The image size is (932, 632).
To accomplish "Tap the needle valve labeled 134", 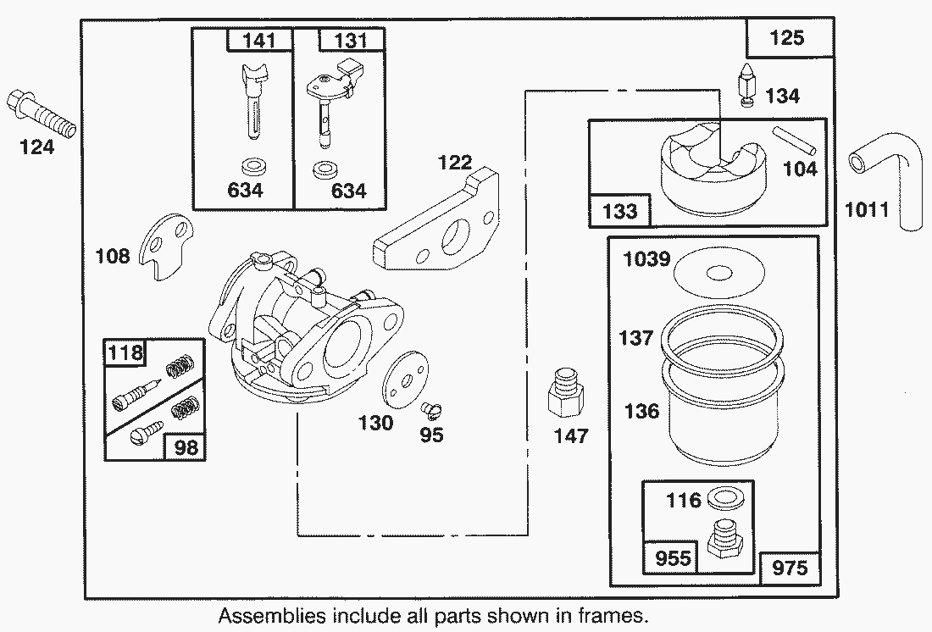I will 746,86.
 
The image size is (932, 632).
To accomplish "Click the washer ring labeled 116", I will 720,497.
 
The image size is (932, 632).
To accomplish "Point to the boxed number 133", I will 620,210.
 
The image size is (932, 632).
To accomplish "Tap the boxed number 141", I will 259,40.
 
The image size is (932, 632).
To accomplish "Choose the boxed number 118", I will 125,353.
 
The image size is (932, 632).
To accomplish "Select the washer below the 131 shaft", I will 322,169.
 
